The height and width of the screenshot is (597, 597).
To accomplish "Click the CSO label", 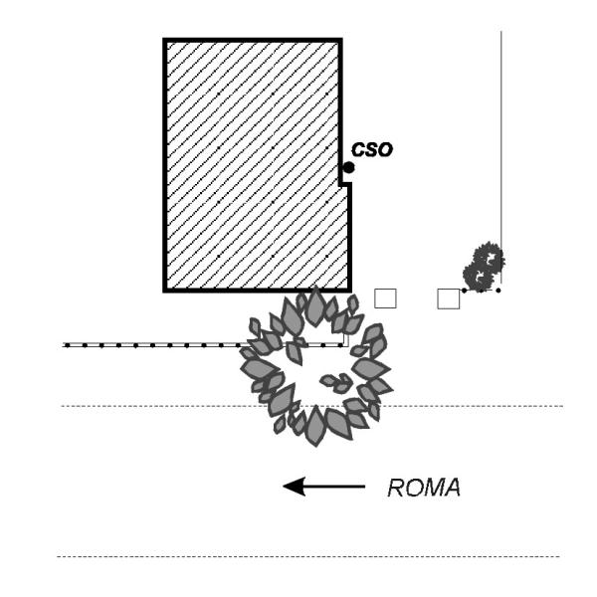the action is point(371,149).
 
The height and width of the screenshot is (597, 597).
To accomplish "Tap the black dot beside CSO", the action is point(348,167).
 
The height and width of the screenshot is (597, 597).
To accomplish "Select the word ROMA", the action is point(424,488).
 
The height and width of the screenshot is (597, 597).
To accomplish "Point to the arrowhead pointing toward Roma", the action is point(294,487).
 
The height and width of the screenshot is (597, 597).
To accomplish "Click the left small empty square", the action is point(385,298).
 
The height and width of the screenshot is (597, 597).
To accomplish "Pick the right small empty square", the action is point(449,298).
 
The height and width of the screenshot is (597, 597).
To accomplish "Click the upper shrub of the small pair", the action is point(489,258).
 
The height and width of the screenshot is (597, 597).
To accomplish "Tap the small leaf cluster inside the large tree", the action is point(336,383).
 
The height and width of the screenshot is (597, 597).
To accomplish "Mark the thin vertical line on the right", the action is point(501,157).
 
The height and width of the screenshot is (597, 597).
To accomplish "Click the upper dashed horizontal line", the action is point(312,406).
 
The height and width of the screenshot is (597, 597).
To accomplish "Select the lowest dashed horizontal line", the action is point(308,556).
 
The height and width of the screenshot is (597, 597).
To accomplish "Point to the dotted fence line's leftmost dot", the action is point(68,345).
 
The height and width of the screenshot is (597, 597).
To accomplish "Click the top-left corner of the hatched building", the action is point(165,40).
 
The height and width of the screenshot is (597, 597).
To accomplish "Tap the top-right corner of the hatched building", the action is point(340,40).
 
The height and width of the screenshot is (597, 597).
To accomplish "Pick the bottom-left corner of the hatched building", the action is point(165,291).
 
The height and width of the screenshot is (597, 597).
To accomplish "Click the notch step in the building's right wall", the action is point(345,185).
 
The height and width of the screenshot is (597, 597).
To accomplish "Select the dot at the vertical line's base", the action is point(498,291).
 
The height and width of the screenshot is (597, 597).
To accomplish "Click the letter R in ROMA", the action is point(395,488).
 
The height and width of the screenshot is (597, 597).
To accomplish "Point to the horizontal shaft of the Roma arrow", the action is point(335,487).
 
